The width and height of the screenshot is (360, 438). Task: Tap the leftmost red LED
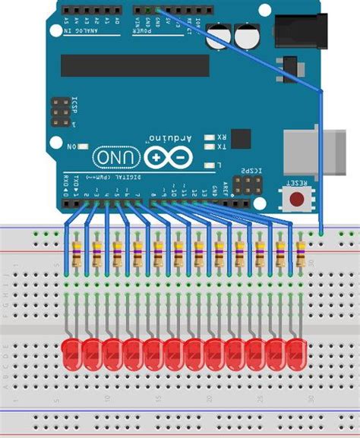pos(71,353)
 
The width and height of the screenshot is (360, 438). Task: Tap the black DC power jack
pos(299,30)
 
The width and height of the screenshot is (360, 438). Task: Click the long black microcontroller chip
pos(134,65)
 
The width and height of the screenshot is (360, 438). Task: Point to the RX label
pos(220,137)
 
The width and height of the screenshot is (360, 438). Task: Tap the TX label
pos(220,148)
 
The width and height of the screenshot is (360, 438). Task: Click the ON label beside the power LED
pos(74,145)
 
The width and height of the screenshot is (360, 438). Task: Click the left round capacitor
pos(223,33)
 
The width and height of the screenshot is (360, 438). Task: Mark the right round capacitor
pos(247,36)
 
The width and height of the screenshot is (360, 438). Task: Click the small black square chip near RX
pos(241,139)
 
